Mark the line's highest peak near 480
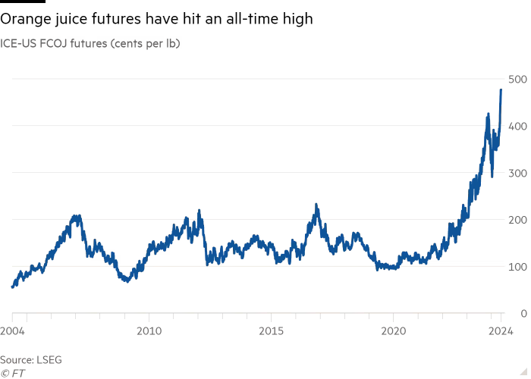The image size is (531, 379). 501,89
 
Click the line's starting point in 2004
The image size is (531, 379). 12,287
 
